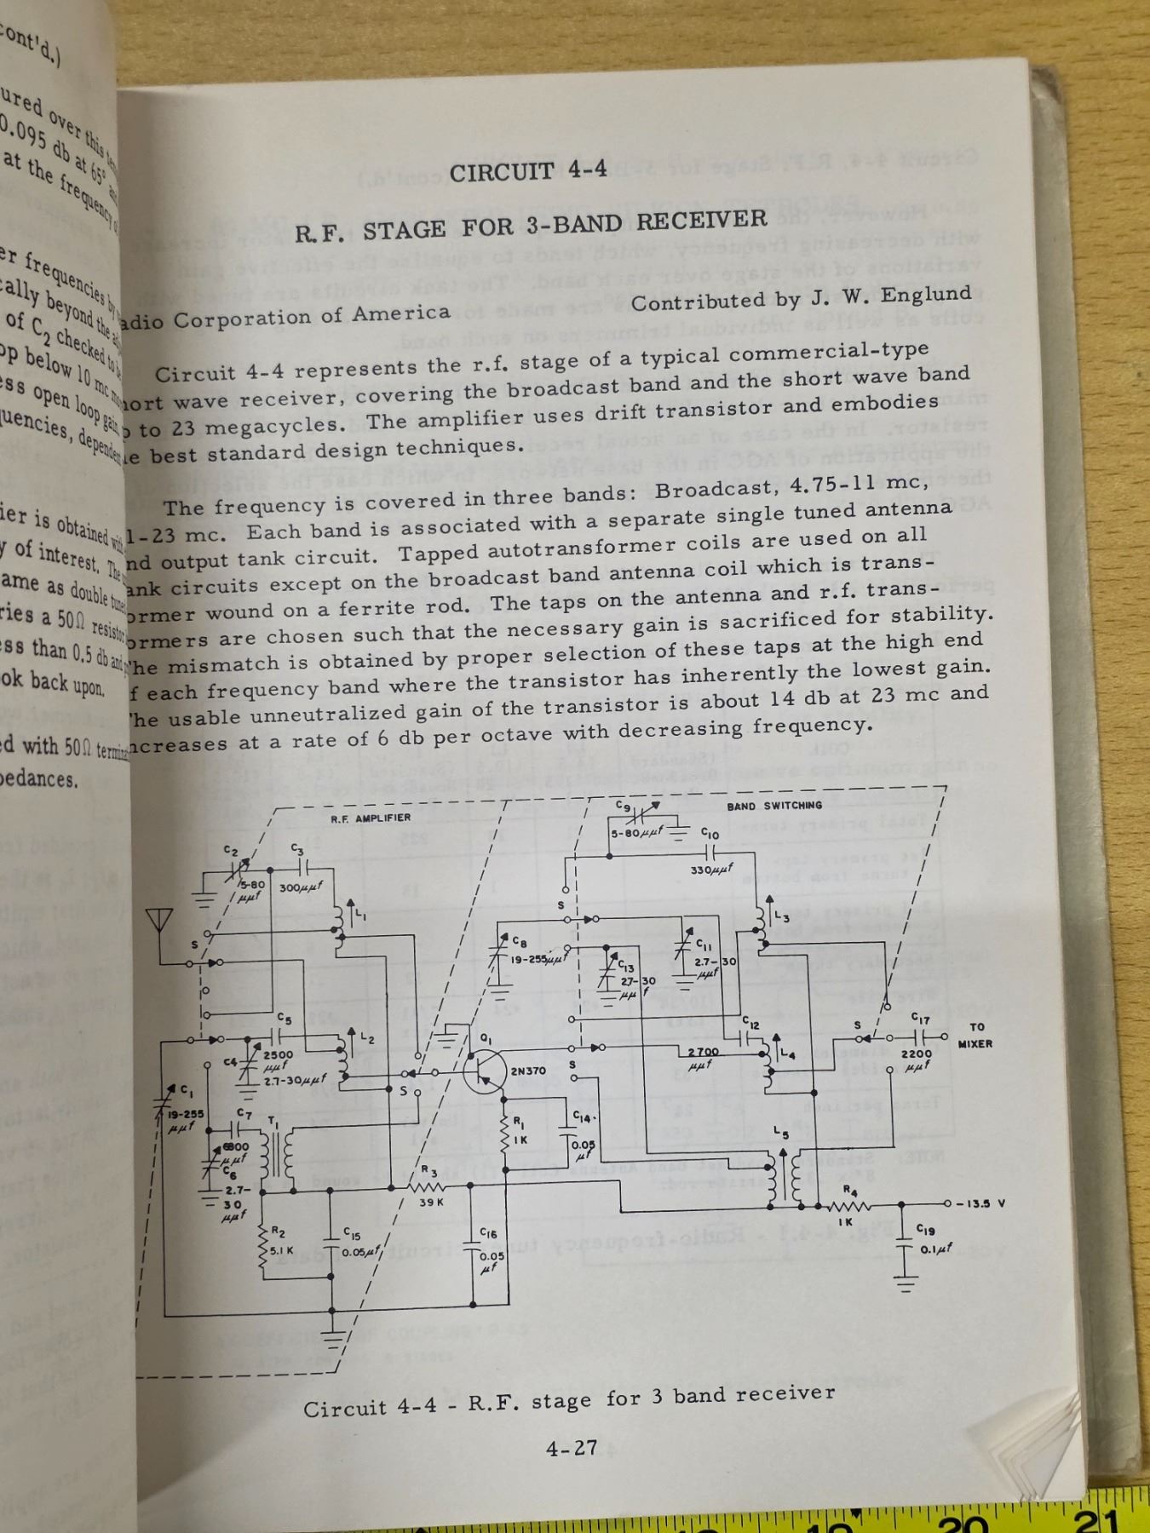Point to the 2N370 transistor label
pos(528,1071)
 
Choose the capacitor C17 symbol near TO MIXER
pos(920,1036)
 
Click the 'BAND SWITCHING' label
pos(774,805)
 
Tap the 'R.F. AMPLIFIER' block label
pos(371,818)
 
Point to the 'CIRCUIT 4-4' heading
pos(528,170)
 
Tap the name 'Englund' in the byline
pos(929,294)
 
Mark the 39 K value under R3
pos(432,1203)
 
